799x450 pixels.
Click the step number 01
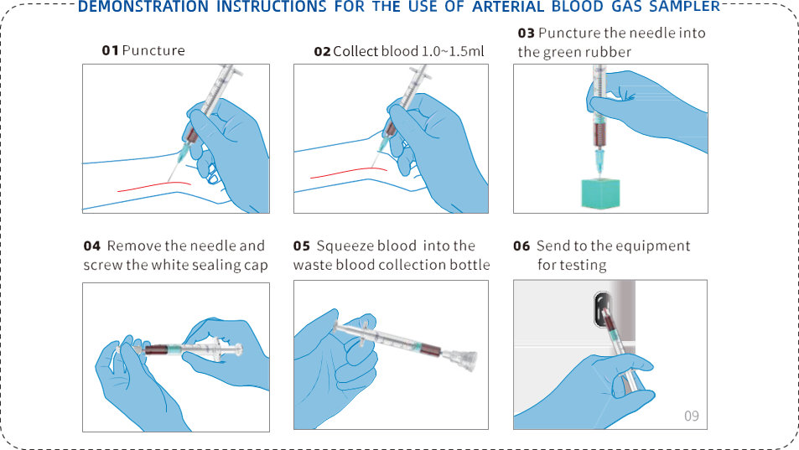click(110, 50)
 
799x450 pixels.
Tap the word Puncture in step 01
click(153, 50)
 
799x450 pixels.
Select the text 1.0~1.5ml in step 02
click(453, 51)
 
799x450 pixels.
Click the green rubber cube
click(601, 194)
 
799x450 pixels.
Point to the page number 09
click(692, 416)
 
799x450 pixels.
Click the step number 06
click(521, 246)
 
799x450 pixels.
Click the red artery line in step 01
click(154, 186)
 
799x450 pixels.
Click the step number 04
click(92, 246)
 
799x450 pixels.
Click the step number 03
click(526, 34)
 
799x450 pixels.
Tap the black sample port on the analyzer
click(602, 309)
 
